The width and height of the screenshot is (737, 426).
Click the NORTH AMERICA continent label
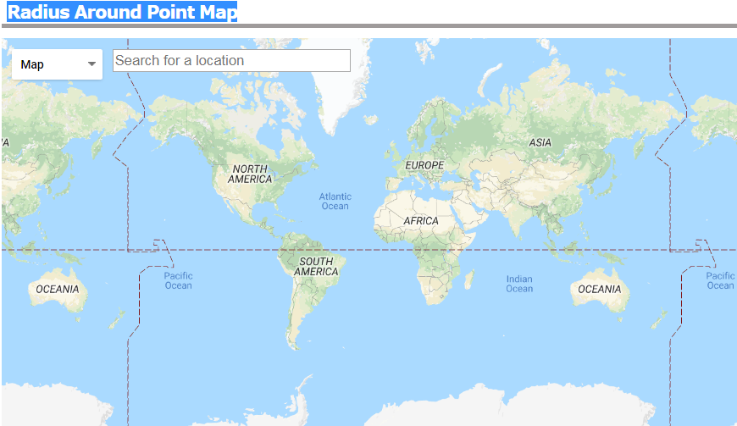(251, 174)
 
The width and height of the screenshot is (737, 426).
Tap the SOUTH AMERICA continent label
(316, 267)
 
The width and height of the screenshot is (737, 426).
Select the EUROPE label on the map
(424, 164)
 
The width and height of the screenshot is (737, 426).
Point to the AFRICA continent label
(421, 220)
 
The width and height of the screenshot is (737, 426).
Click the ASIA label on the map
(540, 142)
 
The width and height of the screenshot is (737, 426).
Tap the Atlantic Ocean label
(335, 202)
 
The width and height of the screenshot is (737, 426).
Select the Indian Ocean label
(519, 284)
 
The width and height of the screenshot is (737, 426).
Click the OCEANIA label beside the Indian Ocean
(599, 289)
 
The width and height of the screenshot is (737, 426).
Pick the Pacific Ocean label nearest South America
(179, 280)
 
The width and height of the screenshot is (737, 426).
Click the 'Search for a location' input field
(231, 60)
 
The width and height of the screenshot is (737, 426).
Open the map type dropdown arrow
(91, 64)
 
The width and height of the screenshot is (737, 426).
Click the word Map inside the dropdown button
(32, 64)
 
